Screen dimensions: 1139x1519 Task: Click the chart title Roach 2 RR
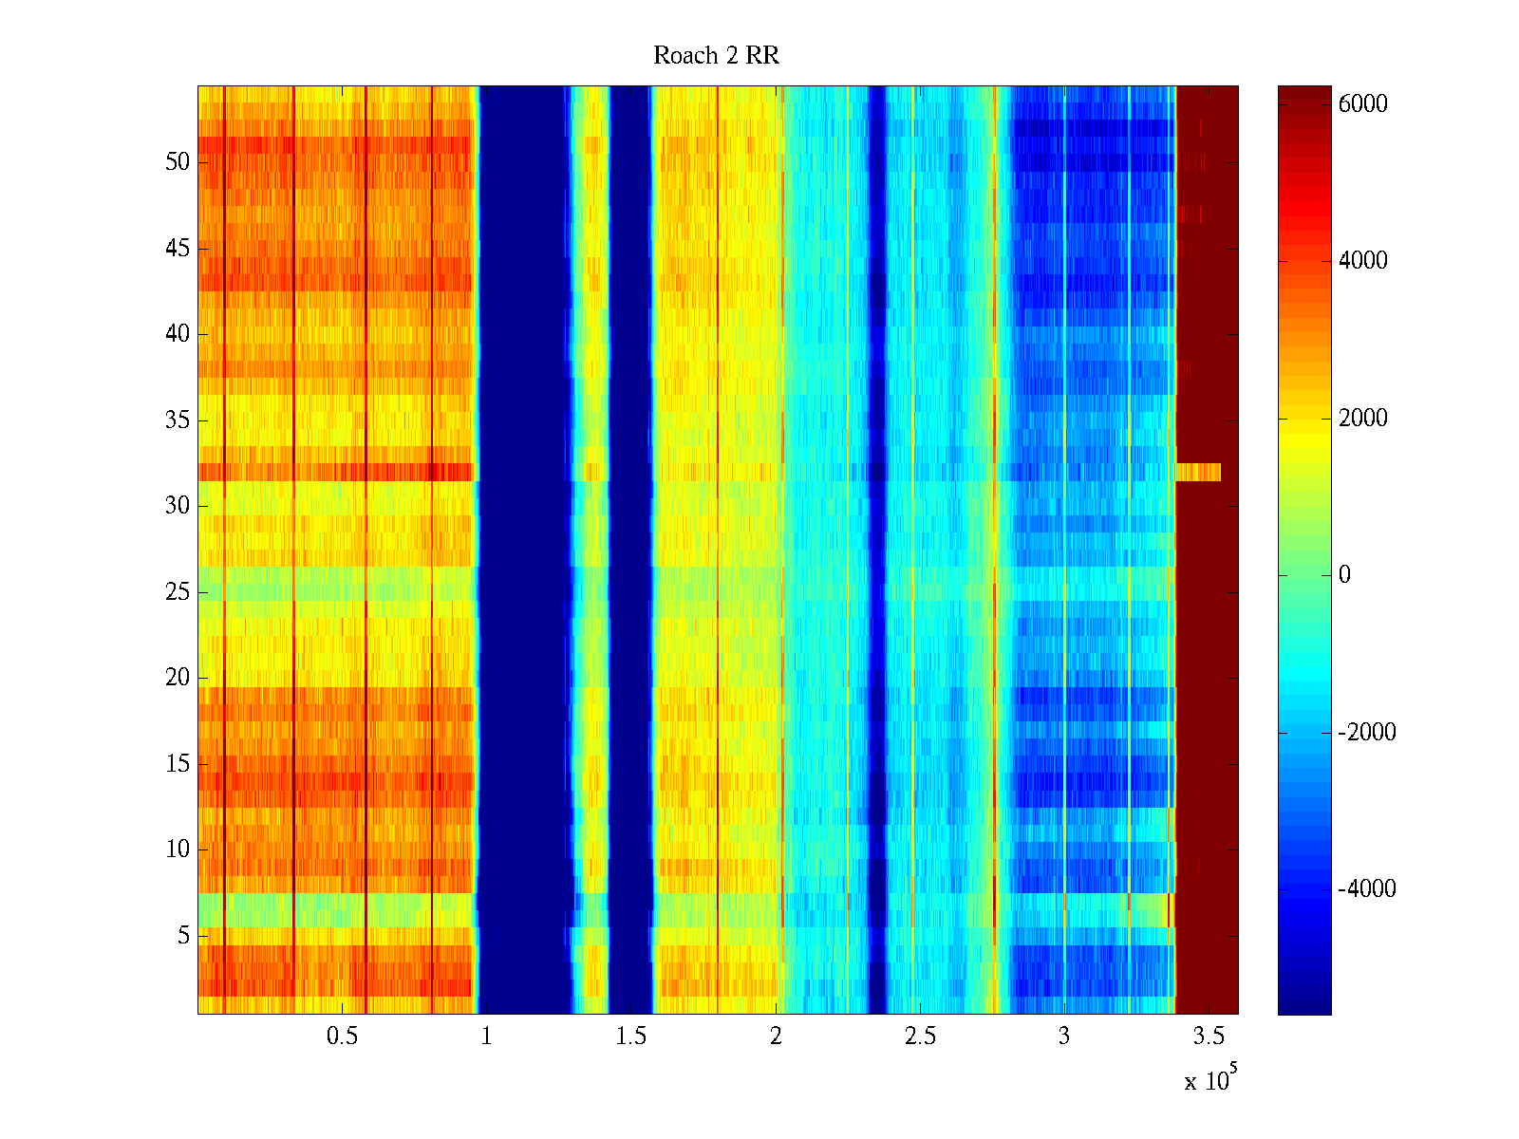click(716, 56)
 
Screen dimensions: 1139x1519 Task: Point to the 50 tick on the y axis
click(178, 162)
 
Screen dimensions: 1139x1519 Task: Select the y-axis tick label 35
click(178, 420)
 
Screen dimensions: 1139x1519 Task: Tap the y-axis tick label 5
click(183, 936)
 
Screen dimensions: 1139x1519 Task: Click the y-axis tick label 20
click(178, 678)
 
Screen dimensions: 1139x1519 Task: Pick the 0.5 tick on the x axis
click(342, 1036)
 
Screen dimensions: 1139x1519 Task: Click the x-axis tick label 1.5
click(631, 1036)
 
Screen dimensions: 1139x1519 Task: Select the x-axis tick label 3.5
click(1209, 1036)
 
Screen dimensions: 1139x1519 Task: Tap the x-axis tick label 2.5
click(920, 1036)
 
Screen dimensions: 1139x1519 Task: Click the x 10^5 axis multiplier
click(1210, 1079)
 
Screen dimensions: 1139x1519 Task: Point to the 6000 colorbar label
click(1362, 104)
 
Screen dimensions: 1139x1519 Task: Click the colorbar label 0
click(1344, 575)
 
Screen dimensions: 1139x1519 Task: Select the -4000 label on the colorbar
click(1366, 889)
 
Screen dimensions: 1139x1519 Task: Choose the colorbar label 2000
click(1362, 419)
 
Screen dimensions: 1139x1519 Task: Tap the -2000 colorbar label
click(1366, 733)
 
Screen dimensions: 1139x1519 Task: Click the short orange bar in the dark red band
click(1198, 472)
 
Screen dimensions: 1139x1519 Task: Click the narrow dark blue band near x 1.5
click(629, 551)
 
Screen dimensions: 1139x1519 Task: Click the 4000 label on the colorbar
click(1362, 261)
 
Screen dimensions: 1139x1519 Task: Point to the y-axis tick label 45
click(178, 249)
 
